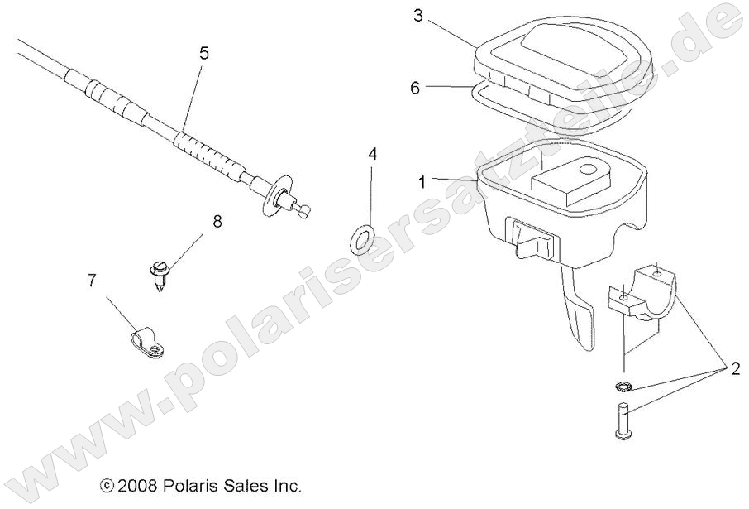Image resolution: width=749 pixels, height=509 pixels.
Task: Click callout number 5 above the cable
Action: pyautogui.click(x=203, y=54)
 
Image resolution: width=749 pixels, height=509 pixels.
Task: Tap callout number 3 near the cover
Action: pyautogui.click(x=418, y=16)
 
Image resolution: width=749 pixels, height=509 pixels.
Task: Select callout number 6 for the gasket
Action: pyautogui.click(x=416, y=87)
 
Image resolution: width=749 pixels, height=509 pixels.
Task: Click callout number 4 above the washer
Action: pyautogui.click(x=372, y=154)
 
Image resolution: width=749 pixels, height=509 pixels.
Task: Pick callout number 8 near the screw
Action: pyautogui.click(x=217, y=221)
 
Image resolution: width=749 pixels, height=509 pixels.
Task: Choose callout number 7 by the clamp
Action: pyautogui.click(x=91, y=281)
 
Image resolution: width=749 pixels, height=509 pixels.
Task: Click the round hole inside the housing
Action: pyautogui.click(x=588, y=169)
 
